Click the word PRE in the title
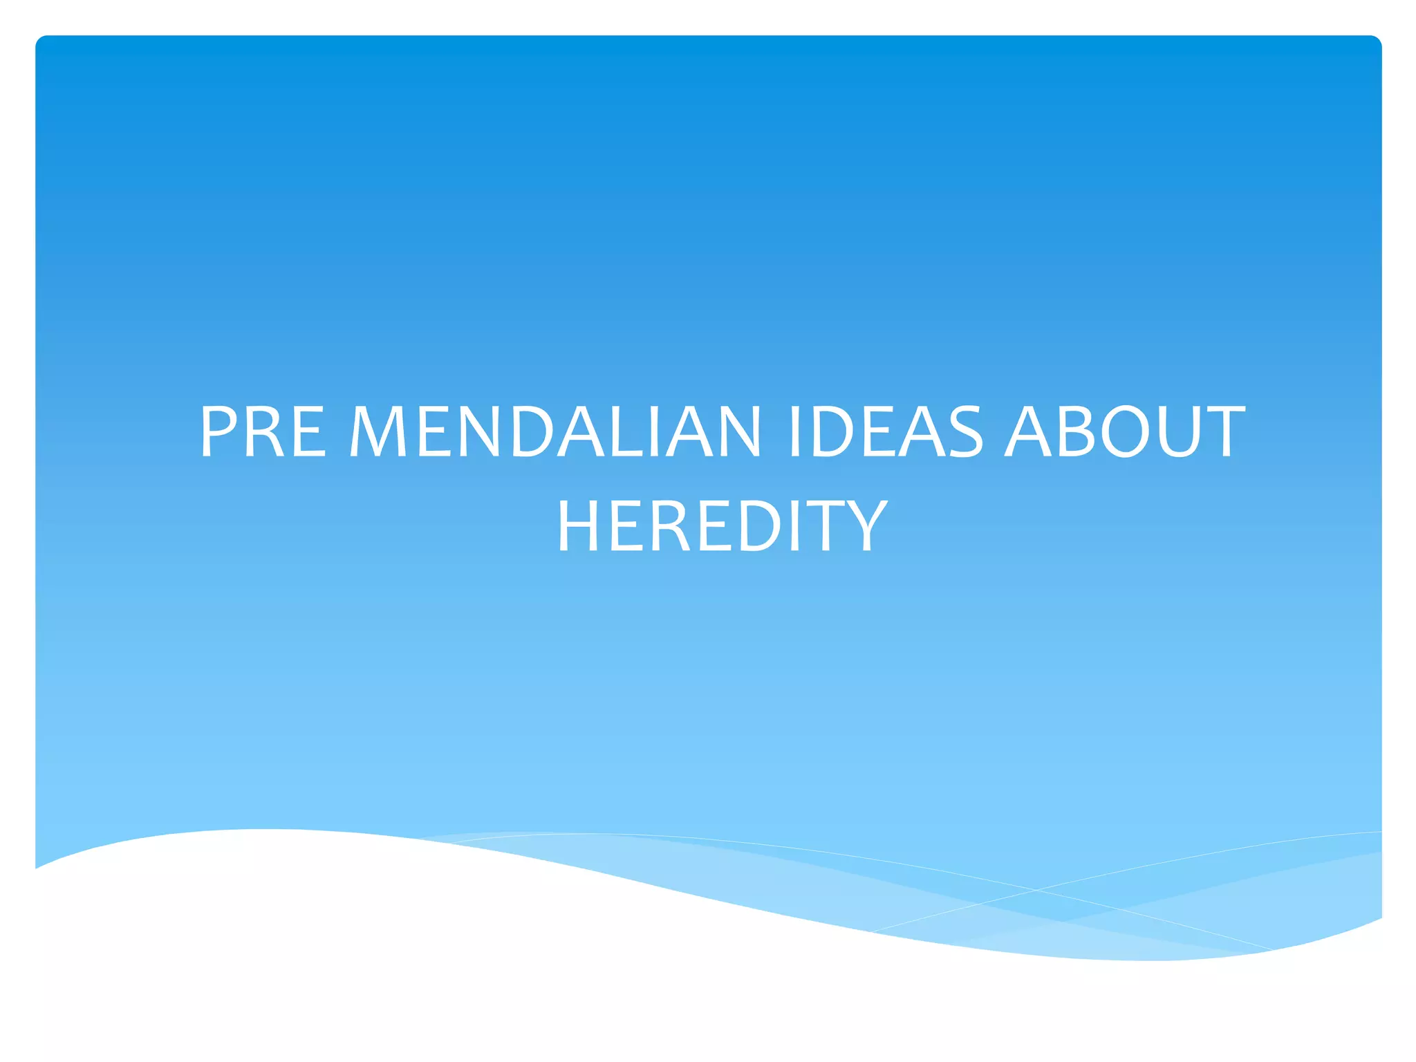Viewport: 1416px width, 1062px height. point(263,432)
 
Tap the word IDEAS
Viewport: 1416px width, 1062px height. point(886,432)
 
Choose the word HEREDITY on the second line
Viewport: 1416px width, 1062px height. point(722,526)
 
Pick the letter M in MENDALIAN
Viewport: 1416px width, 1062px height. point(380,432)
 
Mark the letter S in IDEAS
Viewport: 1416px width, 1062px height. point(962,432)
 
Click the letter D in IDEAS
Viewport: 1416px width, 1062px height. point(833,432)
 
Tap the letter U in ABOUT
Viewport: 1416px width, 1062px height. point(1179,432)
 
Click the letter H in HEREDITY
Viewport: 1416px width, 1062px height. point(581,526)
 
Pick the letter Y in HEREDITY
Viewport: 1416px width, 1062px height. point(866,526)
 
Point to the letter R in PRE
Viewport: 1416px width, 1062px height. point(263,432)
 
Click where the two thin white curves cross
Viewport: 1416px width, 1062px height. point(1036,890)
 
